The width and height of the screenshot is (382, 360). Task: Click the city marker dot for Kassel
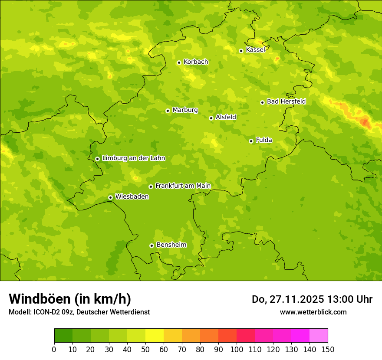(x=241, y=51)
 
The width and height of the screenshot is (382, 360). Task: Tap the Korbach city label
(x=195, y=62)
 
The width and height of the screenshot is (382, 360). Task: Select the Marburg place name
(x=185, y=110)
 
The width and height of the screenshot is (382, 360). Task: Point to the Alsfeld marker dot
(x=211, y=118)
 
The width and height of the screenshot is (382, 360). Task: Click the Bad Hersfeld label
(x=286, y=102)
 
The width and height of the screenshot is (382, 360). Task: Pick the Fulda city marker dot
(x=251, y=141)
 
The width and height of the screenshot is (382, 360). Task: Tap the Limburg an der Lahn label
(x=133, y=158)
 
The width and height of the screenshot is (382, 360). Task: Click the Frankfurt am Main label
(x=183, y=186)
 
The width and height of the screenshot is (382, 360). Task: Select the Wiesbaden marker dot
(x=110, y=197)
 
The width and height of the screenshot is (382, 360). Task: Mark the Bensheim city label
(x=171, y=245)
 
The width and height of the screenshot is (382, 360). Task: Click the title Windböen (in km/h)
(x=70, y=299)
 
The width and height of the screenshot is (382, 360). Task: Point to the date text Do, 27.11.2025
(x=287, y=299)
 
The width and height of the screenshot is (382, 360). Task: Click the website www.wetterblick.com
(x=313, y=312)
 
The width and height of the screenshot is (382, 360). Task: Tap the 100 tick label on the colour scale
(x=237, y=350)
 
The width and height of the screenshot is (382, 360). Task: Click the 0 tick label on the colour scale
(x=54, y=350)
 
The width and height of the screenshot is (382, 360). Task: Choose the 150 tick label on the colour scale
(x=328, y=350)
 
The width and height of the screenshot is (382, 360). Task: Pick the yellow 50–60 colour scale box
(x=155, y=336)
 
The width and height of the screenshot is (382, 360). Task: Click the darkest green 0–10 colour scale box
(x=63, y=336)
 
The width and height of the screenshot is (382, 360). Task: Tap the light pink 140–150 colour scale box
(x=319, y=336)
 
